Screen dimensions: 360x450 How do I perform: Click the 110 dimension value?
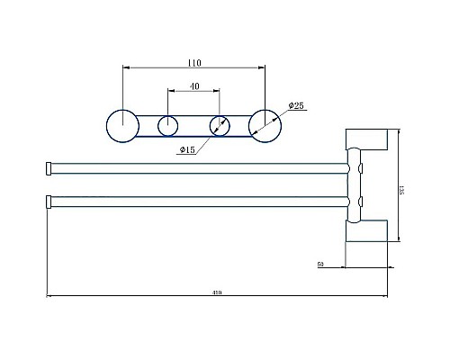194,63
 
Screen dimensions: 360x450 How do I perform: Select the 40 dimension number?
194,86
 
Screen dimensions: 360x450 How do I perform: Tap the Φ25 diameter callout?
296,106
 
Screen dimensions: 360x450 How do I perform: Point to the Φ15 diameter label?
189,149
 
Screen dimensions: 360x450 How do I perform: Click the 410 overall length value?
216,292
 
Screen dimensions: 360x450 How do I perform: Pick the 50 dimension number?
321,265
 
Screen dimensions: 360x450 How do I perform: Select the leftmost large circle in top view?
120,124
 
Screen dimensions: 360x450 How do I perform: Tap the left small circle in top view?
167,125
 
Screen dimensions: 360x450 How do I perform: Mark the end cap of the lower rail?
48,199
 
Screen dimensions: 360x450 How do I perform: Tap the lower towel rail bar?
198,199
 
